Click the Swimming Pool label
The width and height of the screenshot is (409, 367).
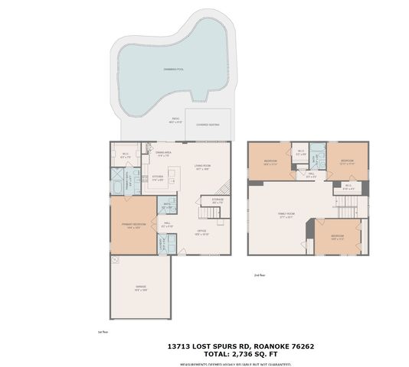coord(172,70)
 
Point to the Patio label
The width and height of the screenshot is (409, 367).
coord(175,121)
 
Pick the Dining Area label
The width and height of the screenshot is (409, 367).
coord(163,153)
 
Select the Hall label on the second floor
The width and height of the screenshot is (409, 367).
coord(310,175)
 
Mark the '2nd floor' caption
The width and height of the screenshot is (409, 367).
coord(261,274)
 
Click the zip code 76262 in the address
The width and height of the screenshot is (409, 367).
coord(299,346)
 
